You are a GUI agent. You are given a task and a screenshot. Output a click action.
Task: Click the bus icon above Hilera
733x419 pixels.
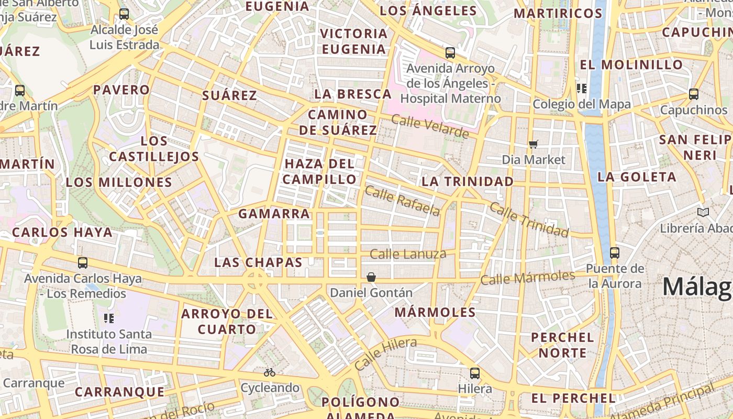tap(475, 373)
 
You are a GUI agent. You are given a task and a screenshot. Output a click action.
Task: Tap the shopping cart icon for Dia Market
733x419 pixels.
tap(533, 144)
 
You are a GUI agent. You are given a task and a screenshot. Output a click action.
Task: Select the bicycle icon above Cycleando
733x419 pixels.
tap(270, 372)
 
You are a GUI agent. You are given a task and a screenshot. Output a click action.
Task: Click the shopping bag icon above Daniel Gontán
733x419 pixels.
tap(371, 277)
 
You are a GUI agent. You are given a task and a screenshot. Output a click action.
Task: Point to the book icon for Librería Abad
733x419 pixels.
tap(703, 212)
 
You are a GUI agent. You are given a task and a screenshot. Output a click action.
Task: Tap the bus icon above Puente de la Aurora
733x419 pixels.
tap(615, 253)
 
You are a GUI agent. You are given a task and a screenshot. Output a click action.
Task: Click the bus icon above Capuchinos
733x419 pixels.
tap(694, 94)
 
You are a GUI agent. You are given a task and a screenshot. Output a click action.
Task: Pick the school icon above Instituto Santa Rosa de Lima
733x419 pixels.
tap(109, 318)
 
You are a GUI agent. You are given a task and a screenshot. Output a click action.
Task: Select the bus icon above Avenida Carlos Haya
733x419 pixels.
tap(82, 263)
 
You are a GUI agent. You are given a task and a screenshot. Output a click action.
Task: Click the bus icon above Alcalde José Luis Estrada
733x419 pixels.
tap(124, 14)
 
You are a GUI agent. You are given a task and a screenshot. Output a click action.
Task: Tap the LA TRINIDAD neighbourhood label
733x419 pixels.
tap(468, 181)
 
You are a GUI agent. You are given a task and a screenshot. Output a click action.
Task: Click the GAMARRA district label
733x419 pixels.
tap(274, 214)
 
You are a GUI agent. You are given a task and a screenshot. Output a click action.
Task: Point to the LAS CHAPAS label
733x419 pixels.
tap(259, 262)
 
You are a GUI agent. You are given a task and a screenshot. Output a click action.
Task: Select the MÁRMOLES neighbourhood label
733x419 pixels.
tap(435, 312)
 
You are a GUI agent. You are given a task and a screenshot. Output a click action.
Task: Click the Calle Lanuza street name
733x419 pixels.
tap(408, 255)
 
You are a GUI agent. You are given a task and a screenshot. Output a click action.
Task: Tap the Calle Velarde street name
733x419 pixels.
tap(430, 127)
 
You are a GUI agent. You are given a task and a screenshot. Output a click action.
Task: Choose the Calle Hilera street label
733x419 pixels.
tap(385, 354)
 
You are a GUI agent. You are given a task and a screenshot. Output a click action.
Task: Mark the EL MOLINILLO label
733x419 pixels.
tap(631, 65)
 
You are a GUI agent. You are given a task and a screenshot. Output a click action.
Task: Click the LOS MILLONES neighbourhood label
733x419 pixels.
tap(119, 182)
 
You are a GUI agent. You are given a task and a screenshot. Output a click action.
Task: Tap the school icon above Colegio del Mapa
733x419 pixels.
tap(581, 89)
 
